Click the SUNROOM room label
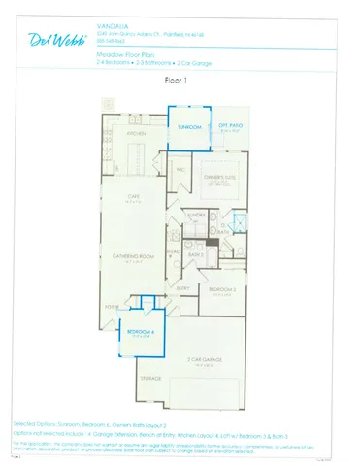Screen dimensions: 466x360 (188, 126)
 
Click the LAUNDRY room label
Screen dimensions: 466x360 (195, 214)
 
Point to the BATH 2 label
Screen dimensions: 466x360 (194, 254)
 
